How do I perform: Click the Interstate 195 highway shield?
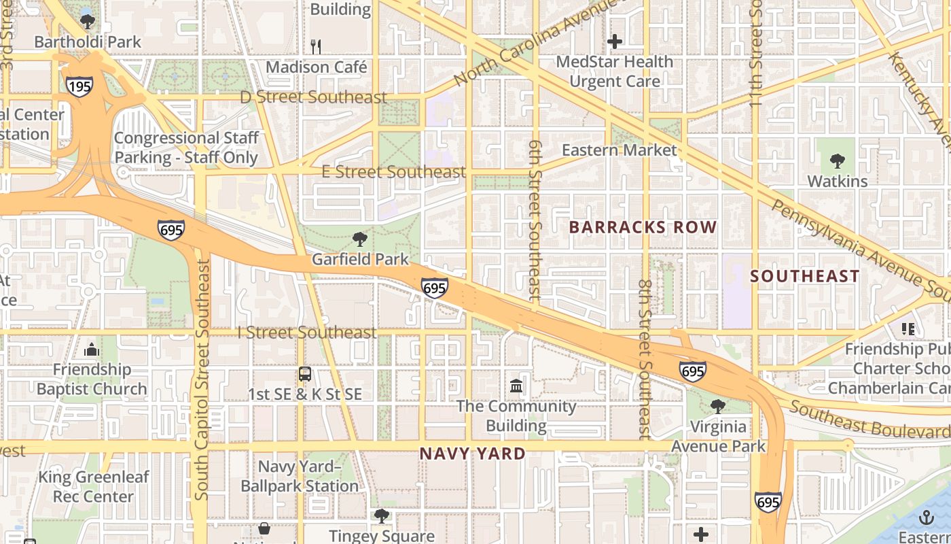(x=79, y=86)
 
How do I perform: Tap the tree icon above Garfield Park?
(x=360, y=239)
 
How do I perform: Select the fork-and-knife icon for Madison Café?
(x=315, y=46)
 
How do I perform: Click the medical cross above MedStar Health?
(x=615, y=41)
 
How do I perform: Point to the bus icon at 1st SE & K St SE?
(x=305, y=374)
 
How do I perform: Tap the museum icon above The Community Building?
(x=516, y=386)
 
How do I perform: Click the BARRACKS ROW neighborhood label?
(x=643, y=227)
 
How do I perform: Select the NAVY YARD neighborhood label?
(x=472, y=454)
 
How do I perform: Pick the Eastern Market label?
(x=620, y=150)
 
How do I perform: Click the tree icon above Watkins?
(x=837, y=161)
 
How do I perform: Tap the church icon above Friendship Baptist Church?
(x=92, y=350)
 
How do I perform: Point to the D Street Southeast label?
(x=313, y=97)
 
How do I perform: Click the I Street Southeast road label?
(x=306, y=333)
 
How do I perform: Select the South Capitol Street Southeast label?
(x=202, y=381)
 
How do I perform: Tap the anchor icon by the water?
(x=927, y=518)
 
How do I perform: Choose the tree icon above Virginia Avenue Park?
(x=717, y=407)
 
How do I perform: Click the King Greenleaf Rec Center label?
(x=93, y=487)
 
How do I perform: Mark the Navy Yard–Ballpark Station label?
(x=300, y=477)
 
